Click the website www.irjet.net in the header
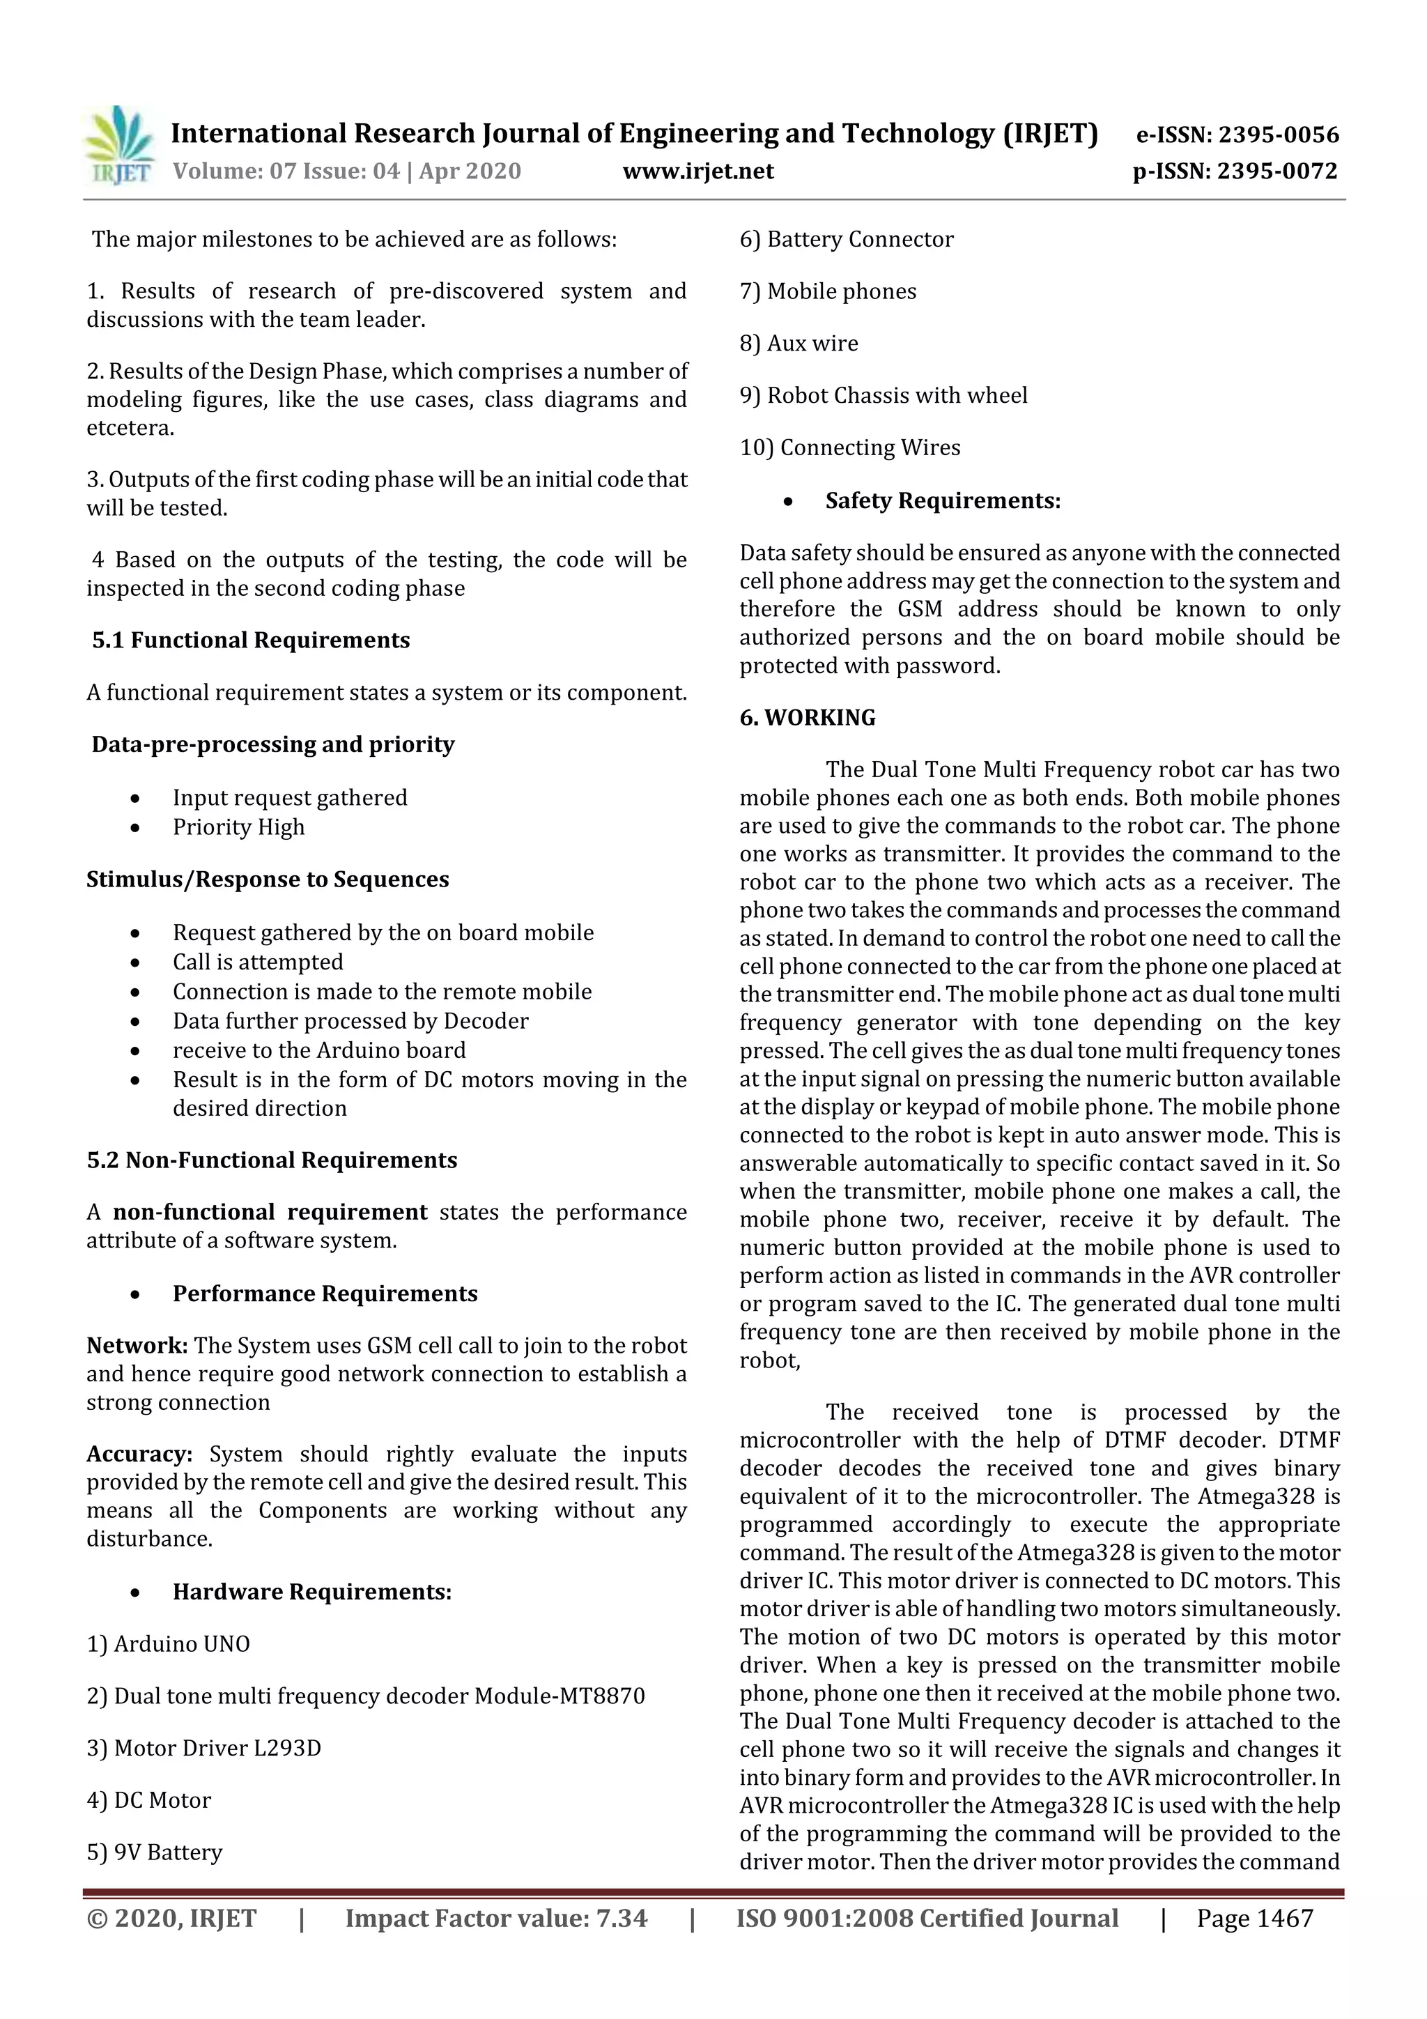coord(698,171)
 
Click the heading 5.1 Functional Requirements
coord(251,640)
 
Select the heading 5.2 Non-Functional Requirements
coord(272,1160)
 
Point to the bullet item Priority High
coord(238,827)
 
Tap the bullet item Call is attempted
coord(258,962)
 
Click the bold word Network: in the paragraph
coord(137,1345)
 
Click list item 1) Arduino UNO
coord(168,1643)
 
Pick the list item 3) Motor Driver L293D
coord(204,1747)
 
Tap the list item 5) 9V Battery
coord(155,1852)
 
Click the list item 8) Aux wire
coord(799,343)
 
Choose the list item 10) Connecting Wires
coord(849,447)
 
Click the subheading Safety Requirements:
coord(943,500)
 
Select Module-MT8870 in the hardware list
coord(560,1696)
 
